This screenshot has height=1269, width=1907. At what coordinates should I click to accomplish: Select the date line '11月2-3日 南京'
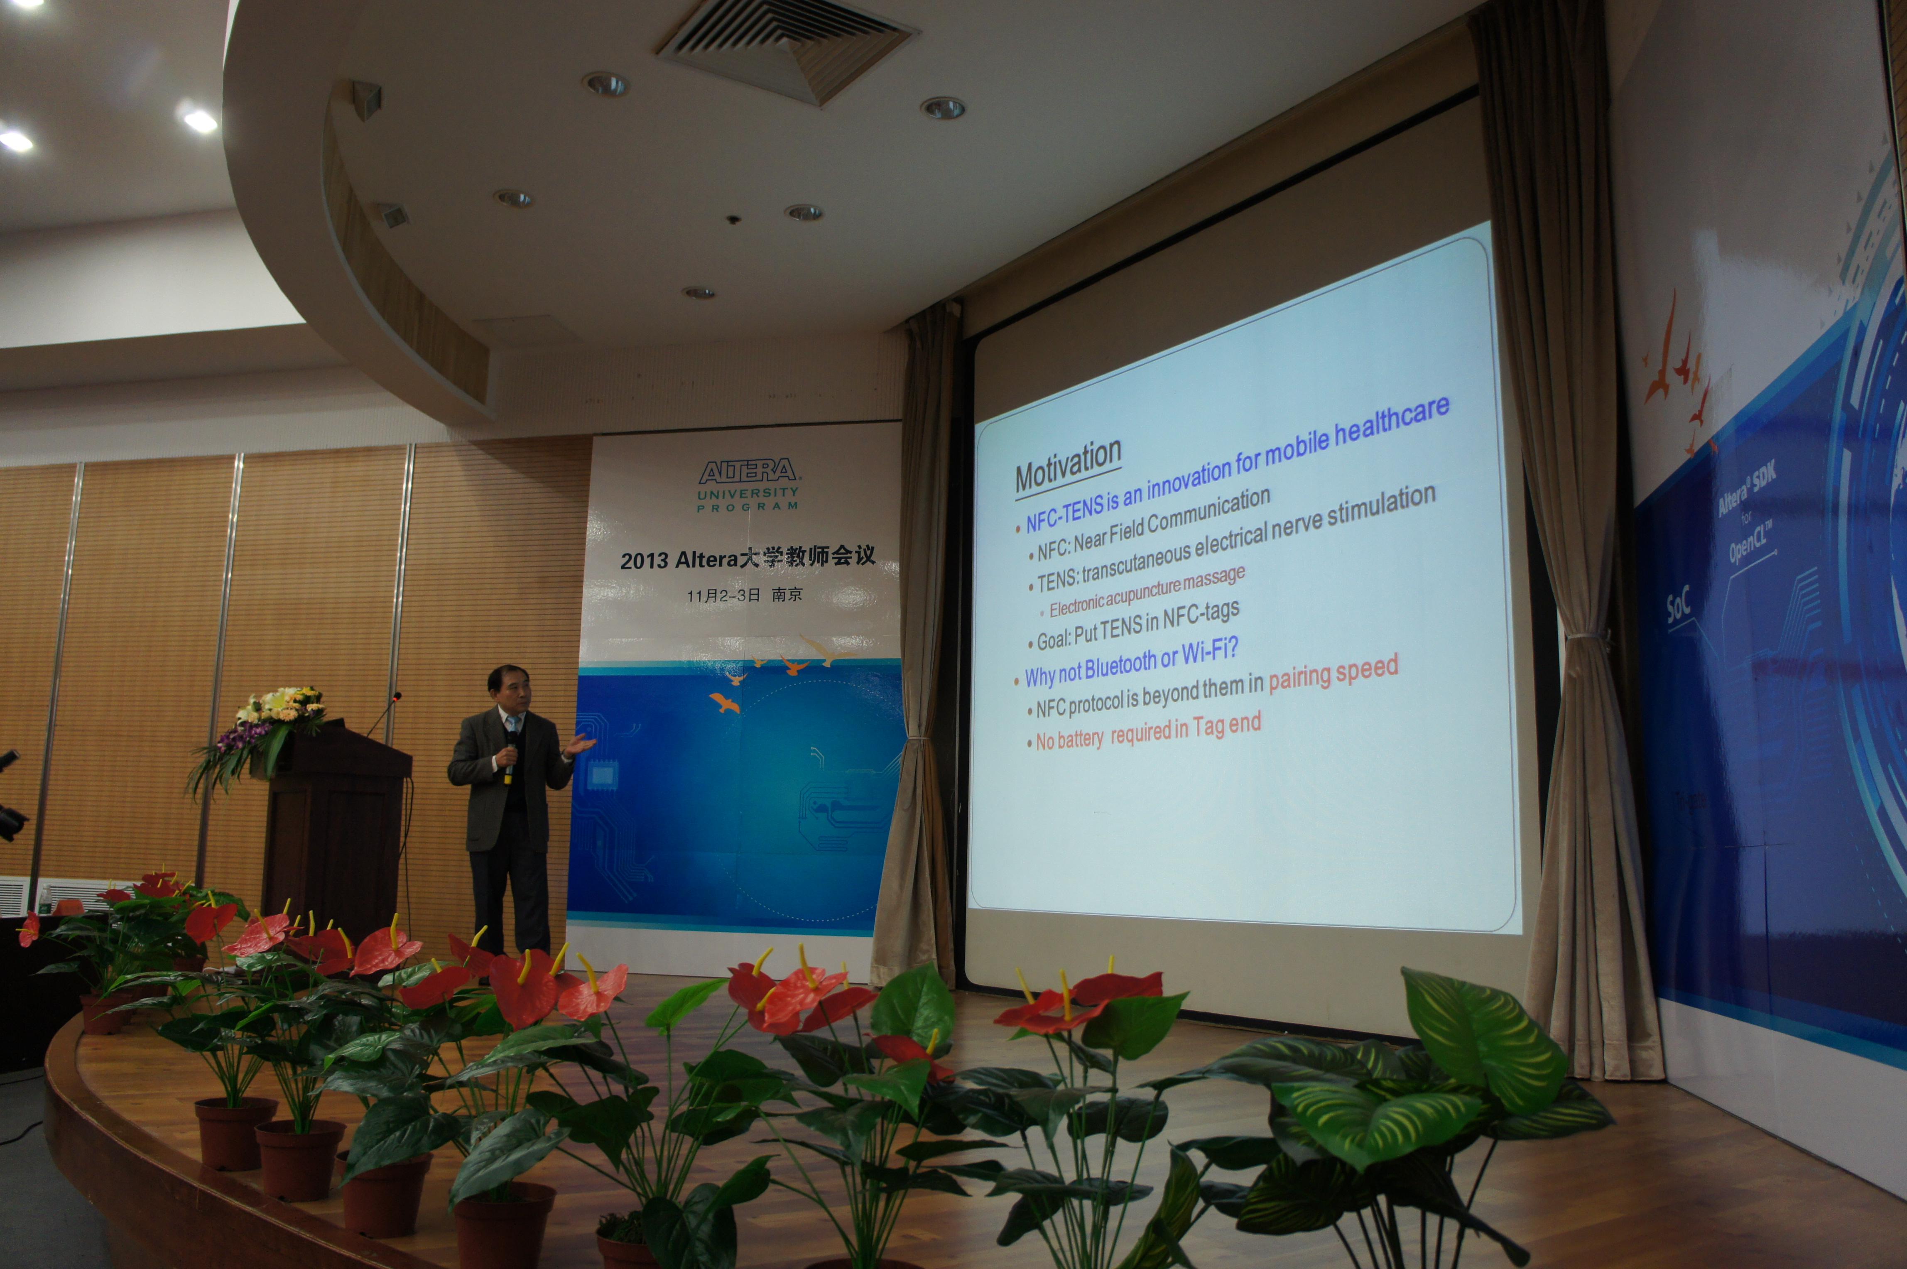click(x=745, y=595)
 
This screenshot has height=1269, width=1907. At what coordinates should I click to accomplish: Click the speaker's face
click(x=510, y=692)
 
